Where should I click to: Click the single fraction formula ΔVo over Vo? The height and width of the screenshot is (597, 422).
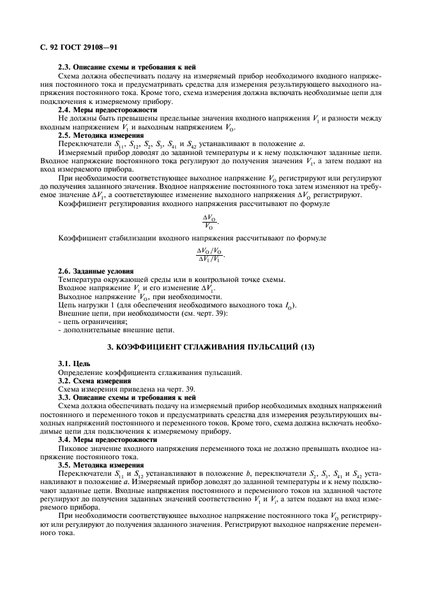(209, 221)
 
